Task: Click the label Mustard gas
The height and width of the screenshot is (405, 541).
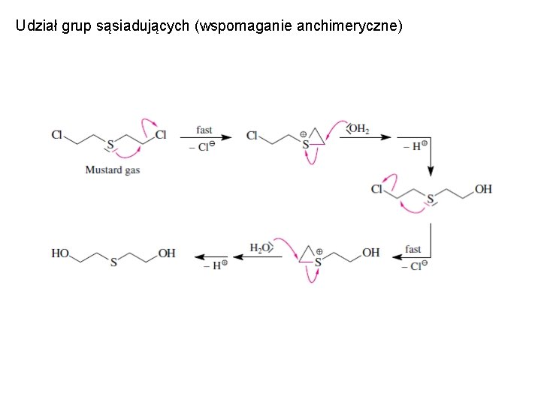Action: [x=112, y=170]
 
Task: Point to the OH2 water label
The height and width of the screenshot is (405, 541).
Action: [x=358, y=129]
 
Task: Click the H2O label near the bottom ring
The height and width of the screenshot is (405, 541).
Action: [x=260, y=247]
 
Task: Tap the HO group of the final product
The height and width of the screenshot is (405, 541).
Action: [x=60, y=253]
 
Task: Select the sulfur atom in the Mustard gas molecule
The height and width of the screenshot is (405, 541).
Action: [x=110, y=143]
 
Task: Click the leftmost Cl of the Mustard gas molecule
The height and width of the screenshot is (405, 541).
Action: [x=57, y=135]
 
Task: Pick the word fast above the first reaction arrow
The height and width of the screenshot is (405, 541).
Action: [x=204, y=130]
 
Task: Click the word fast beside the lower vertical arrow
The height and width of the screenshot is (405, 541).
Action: [x=413, y=249]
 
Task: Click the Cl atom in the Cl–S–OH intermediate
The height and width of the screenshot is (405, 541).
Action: [x=377, y=189]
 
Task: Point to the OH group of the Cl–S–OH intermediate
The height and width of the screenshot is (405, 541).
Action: [x=483, y=189]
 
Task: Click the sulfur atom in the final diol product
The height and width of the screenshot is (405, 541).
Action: [x=113, y=263]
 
